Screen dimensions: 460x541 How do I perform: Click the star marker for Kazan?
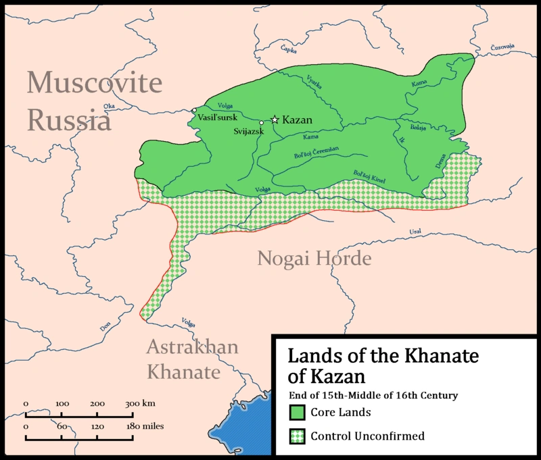[x=275, y=120]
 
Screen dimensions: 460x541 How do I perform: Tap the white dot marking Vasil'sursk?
[x=194, y=110]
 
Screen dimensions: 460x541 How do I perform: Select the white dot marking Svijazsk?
[x=262, y=123]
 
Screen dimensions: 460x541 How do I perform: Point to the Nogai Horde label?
[x=314, y=259]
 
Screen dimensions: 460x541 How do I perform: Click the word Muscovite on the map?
[x=95, y=84]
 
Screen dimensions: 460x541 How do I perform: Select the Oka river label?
[x=109, y=106]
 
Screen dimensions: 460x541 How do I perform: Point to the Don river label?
[x=105, y=327]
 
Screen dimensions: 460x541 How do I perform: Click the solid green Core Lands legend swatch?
[x=297, y=411]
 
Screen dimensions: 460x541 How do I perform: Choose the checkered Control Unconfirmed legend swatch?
[x=297, y=436]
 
